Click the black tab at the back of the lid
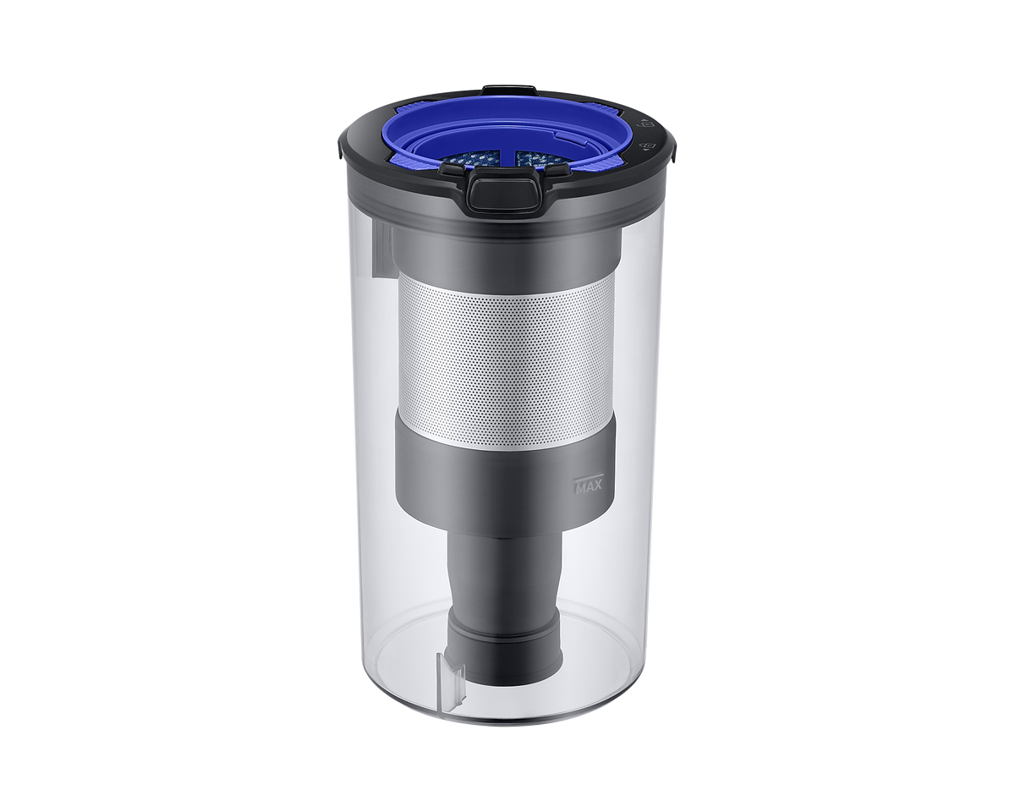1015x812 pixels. click(510, 89)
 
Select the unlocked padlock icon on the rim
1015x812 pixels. click(647, 125)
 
